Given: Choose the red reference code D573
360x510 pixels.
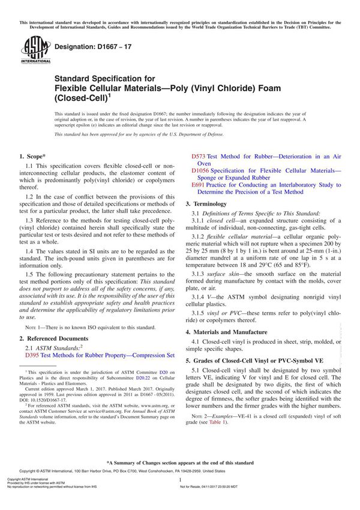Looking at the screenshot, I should coord(199,157).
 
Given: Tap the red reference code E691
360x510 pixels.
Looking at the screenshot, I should coord(199,185).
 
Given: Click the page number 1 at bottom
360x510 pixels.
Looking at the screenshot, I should coord(179,497).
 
